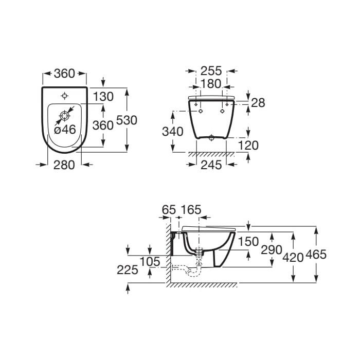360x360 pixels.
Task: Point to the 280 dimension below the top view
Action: pos(64,165)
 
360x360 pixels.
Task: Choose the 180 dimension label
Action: pos(211,84)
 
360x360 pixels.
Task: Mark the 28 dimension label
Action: pos(258,103)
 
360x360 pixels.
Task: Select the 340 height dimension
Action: pos(173,132)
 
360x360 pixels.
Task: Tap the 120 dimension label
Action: pos(248,146)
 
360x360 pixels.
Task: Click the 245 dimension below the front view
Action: pos(211,165)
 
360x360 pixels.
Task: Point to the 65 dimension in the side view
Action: pos(169,210)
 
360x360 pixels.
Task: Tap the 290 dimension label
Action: pos(272,250)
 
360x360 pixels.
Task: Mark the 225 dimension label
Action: pos(128,269)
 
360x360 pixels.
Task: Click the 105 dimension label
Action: pos(150,262)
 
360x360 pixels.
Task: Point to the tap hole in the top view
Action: pos(64,96)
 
